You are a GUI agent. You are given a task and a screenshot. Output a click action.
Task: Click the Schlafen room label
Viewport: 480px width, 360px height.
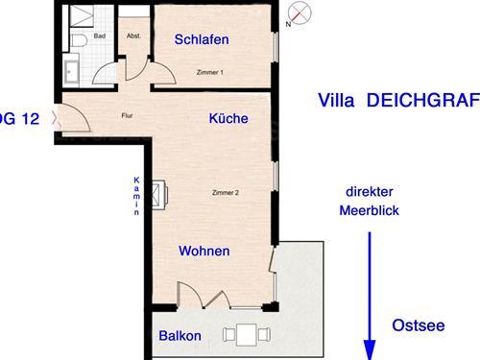[202, 39]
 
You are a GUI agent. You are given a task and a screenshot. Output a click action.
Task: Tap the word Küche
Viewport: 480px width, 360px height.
[228, 118]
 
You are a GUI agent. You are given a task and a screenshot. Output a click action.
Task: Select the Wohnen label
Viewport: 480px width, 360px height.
[204, 251]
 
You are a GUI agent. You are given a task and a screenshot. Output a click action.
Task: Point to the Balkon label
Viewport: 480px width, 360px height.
[180, 336]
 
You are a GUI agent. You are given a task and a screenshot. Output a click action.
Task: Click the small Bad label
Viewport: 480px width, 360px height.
[100, 36]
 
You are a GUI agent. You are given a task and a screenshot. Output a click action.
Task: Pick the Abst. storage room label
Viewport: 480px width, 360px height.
[133, 36]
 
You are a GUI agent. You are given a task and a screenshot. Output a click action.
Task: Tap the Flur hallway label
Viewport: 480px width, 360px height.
[127, 115]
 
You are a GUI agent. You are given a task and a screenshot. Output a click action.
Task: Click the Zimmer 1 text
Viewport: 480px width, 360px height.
[210, 72]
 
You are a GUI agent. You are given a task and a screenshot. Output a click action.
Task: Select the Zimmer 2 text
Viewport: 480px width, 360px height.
[226, 193]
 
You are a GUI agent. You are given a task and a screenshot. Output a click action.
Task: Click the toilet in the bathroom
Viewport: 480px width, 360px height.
[79, 40]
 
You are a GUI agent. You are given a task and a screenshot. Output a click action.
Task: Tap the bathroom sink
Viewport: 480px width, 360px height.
[71, 72]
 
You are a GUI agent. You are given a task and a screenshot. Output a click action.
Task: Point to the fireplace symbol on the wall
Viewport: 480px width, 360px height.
[159, 195]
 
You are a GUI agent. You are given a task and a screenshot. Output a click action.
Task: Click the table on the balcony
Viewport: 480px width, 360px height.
[247, 335]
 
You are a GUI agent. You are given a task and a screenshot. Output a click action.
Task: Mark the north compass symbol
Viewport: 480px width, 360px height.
[299, 13]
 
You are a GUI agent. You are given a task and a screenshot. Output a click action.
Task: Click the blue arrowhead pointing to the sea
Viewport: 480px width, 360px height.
[370, 350]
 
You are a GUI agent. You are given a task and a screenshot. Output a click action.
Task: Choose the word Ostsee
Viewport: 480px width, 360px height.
[419, 325]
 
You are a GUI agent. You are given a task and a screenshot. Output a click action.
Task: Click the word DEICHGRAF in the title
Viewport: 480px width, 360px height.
[423, 100]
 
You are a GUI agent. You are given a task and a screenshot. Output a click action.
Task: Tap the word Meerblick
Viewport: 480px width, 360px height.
[370, 210]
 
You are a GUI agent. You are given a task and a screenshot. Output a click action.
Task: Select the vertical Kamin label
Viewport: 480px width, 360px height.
[136, 196]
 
